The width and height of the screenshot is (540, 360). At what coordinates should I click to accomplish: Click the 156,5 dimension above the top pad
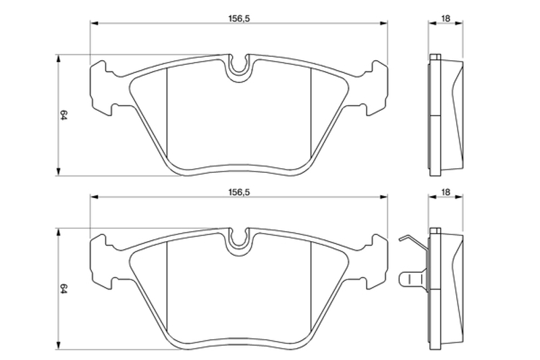point(239,19)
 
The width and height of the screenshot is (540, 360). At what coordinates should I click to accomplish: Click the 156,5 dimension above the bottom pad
point(239,192)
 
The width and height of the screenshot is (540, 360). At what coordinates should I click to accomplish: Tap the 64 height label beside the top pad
point(63,115)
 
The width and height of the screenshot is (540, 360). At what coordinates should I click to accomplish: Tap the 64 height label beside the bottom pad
point(63,288)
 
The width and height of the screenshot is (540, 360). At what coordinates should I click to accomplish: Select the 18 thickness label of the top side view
point(446,19)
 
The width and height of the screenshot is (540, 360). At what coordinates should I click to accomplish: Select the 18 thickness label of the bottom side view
point(446,192)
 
